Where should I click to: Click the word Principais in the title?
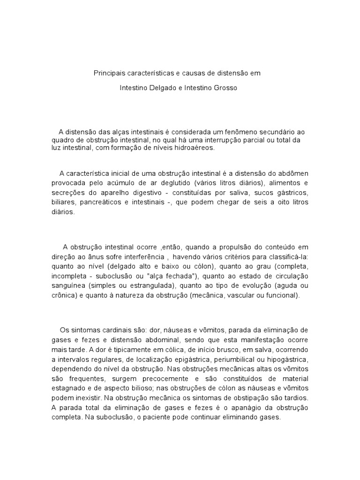click(x=107, y=74)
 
